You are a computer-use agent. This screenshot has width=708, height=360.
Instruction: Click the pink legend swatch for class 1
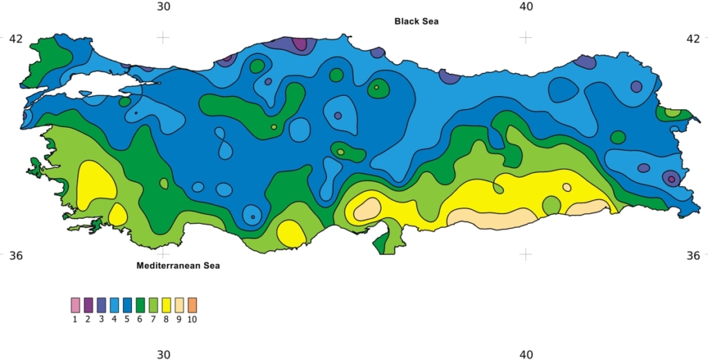75,305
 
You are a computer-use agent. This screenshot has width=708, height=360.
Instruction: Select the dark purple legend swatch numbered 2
88,305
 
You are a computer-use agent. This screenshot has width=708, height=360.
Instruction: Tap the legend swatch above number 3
102,305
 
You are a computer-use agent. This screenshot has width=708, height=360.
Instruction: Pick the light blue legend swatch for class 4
115,305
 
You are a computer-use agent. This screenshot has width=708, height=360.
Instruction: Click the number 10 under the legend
192,319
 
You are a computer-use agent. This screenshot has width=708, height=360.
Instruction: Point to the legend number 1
75,319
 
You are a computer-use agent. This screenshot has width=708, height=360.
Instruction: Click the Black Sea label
416,21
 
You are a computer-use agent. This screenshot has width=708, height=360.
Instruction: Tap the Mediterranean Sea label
178,265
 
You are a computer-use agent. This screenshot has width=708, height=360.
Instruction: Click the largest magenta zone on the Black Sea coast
299,44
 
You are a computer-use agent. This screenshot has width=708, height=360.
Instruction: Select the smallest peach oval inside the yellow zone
567,187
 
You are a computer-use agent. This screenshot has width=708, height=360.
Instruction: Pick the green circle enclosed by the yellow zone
551,205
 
